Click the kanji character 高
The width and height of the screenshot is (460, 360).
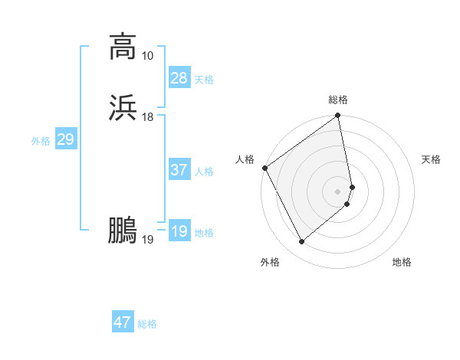click(x=123, y=47)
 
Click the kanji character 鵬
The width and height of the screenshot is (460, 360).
click(x=123, y=231)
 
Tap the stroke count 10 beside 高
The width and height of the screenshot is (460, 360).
click(x=147, y=56)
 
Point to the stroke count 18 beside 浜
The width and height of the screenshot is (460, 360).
click(x=147, y=116)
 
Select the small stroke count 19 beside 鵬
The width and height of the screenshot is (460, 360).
click(x=147, y=240)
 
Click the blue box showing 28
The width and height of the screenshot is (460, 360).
click(x=179, y=78)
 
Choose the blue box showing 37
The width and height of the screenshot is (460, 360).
click(x=179, y=170)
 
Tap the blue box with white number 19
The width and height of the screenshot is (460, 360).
click(x=179, y=231)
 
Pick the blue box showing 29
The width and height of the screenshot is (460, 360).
click(x=65, y=139)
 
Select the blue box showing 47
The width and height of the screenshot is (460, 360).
click(x=123, y=322)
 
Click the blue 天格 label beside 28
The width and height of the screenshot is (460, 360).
click(x=204, y=80)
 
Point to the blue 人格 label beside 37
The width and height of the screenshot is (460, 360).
click(x=204, y=172)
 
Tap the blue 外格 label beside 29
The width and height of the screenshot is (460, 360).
click(x=41, y=141)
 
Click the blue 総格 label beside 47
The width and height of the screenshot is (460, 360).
click(x=147, y=324)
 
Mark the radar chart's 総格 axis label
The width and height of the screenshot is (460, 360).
click(x=338, y=100)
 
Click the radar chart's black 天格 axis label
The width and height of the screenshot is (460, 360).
click(x=431, y=159)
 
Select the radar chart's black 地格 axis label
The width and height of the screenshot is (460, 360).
click(x=402, y=263)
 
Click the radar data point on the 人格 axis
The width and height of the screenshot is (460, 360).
click(x=264, y=168)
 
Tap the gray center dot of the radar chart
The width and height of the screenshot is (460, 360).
click(x=338, y=191)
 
